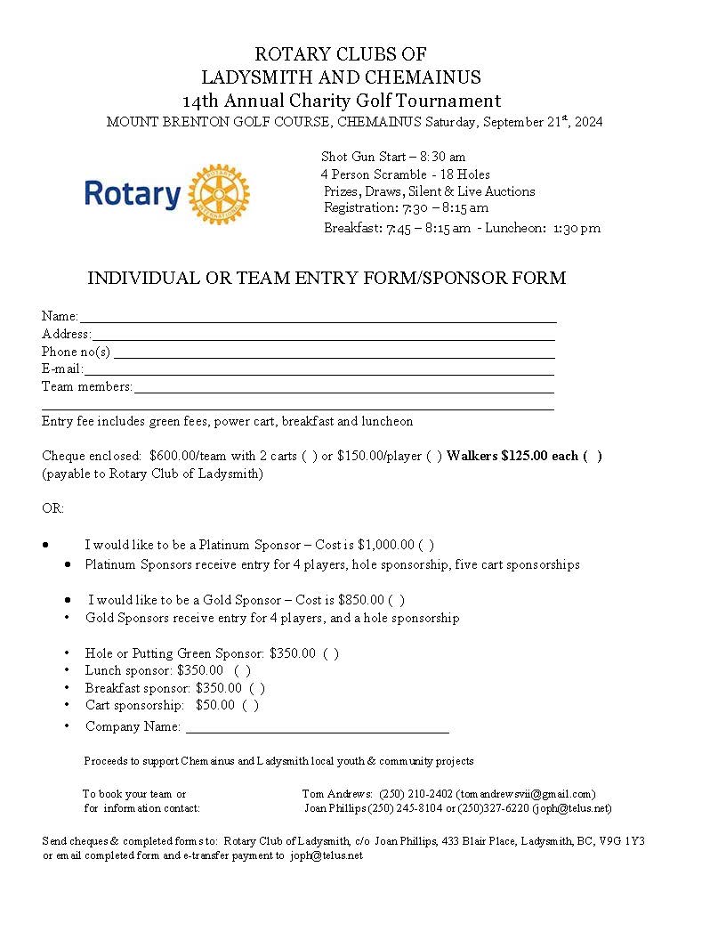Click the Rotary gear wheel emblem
tap(220, 194)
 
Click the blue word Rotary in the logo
tap(133, 194)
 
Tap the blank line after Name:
tap(318, 318)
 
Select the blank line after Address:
tap(323, 336)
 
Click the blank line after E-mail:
tap(319, 370)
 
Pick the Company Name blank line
tap(316, 728)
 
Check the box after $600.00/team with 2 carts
tap(309, 457)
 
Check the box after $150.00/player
tap(433, 457)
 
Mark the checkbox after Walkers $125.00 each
tap(593, 457)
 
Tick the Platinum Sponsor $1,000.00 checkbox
tap(426, 545)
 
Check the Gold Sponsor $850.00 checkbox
tap(396, 601)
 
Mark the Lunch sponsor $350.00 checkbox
tap(242, 671)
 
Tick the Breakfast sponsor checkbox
tap(256, 689)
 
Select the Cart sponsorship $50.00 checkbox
tap(250, 706)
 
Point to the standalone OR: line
tap(52, 509)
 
